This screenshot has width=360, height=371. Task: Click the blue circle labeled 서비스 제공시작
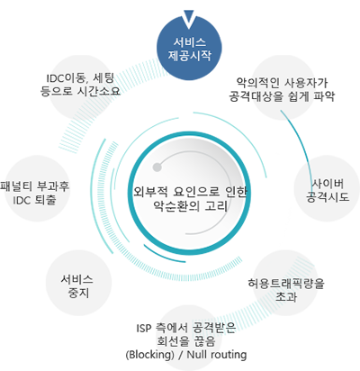[x=189, y=48]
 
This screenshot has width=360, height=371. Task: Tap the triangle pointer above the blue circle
[x=189, y=18]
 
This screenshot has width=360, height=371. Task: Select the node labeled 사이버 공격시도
[x=327, y=188]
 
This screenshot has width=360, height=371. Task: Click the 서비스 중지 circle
[x=78, y=283]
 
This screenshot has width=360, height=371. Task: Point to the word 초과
[x=286, y=297]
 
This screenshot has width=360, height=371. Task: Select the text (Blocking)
[x=149, y=355]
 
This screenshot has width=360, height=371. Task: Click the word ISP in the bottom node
[x=143, y=329]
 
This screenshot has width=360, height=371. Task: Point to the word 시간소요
[x=99, y=90]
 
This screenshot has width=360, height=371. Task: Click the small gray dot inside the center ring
[x=157, y=167]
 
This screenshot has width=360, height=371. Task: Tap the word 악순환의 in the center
[x=175, y=206]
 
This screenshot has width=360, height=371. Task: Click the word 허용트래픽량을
[x=286, y=284]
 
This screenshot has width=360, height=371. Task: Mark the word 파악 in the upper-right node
[x=324, y=96]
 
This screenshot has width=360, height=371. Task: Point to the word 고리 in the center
[x=216, y=206]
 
